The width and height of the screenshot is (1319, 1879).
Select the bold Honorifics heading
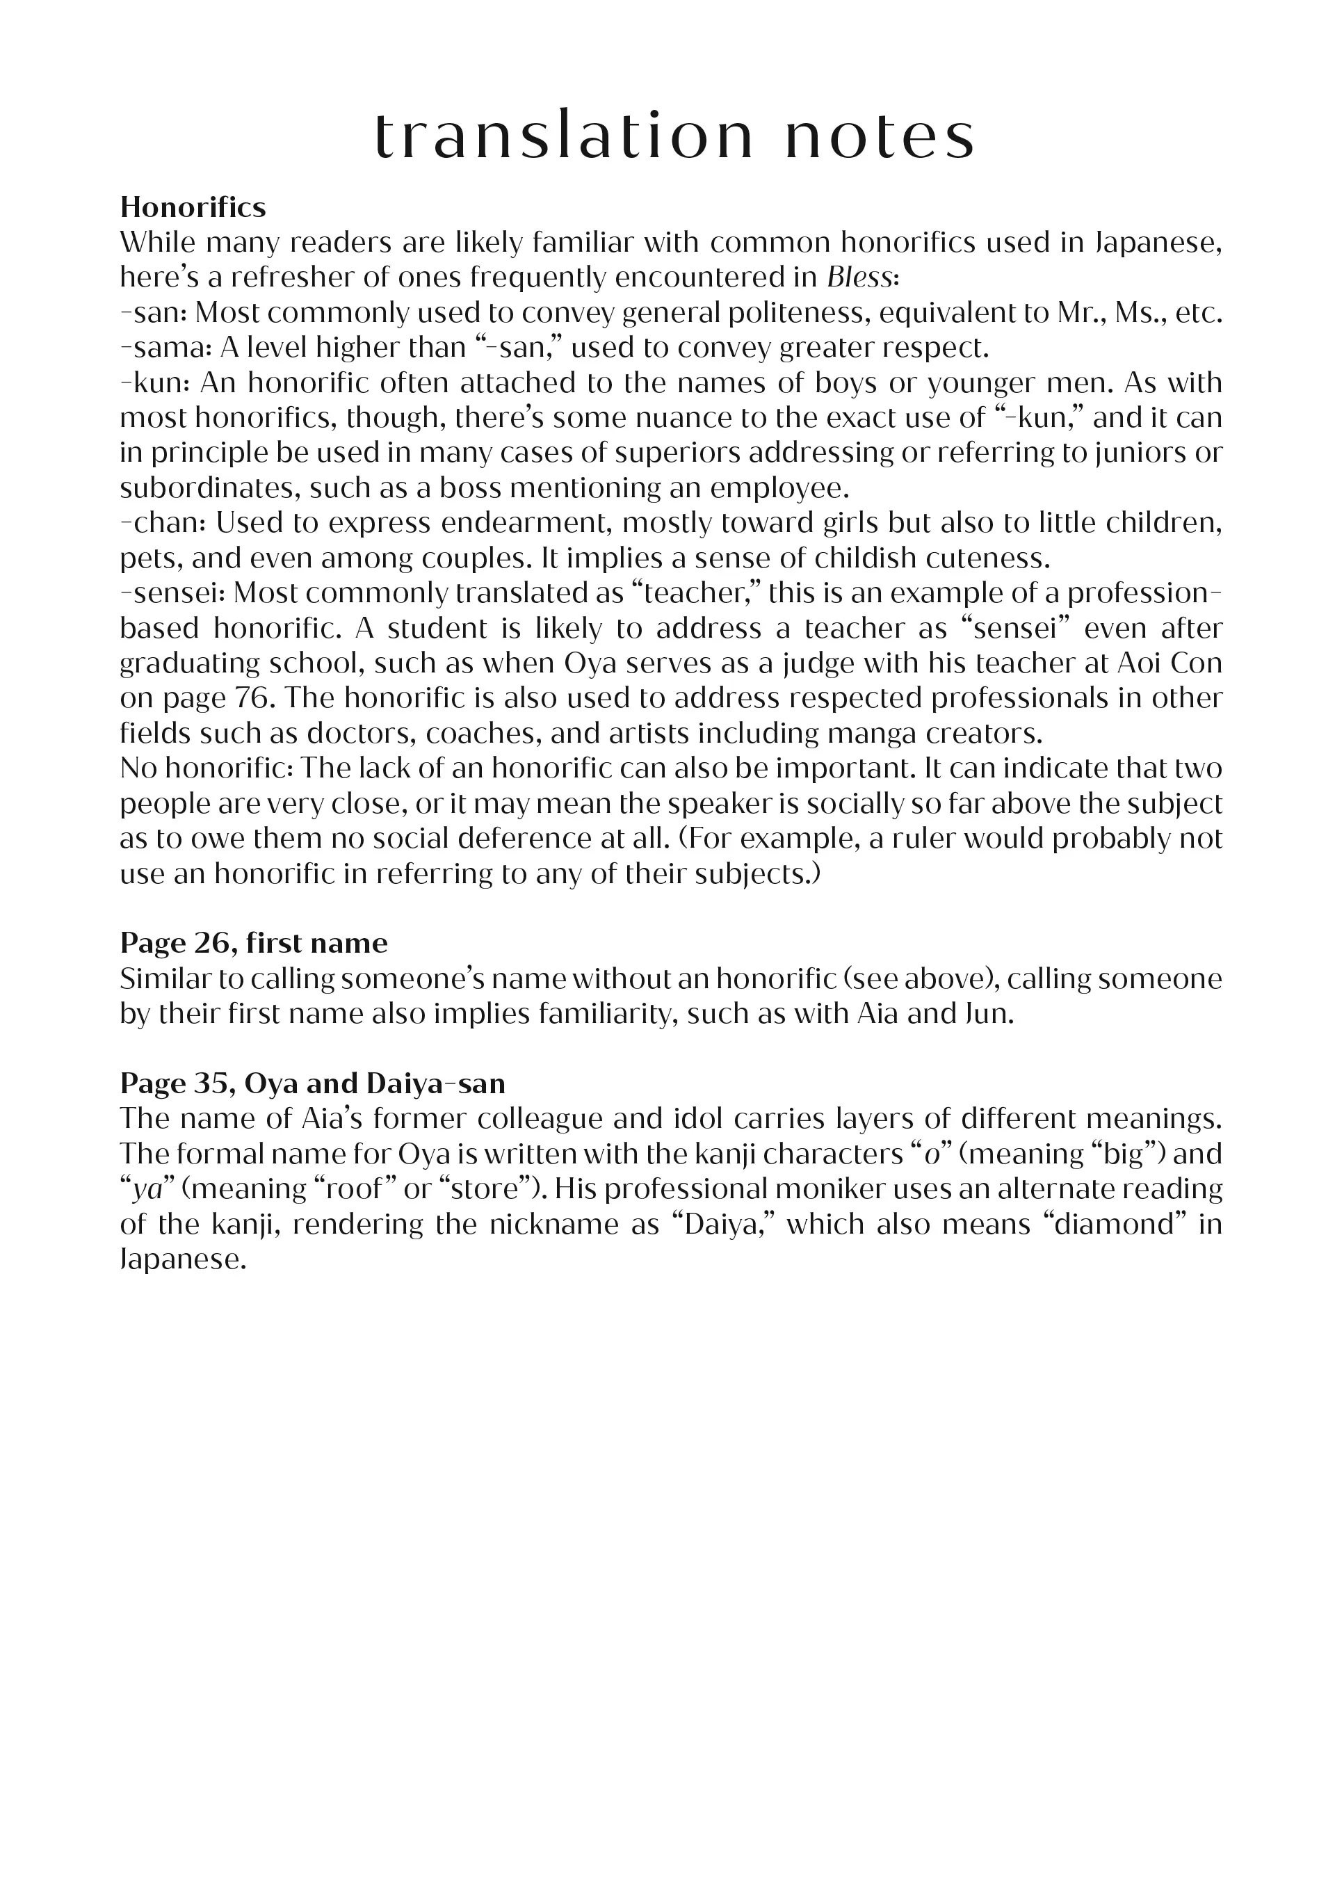(193, 207)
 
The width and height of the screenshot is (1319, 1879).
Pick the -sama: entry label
(166, 348)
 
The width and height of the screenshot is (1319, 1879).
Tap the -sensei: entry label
(172, 592)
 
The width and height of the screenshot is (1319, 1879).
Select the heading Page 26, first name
(254, 943)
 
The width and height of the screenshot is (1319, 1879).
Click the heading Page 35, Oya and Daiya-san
(313, 1083)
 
